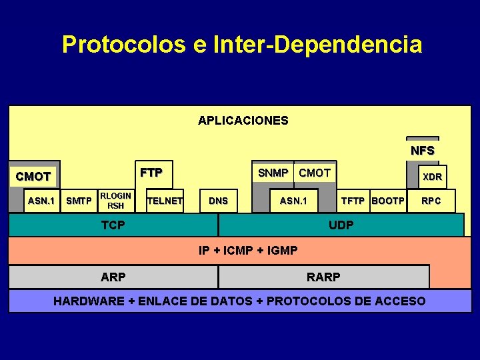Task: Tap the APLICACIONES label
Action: click(x=243, y=121)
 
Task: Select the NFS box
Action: click(x=423, y=150)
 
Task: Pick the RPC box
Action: click(x=431, y=201)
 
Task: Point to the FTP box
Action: click(x=151, y=173)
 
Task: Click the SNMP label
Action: click(x=273, y=173)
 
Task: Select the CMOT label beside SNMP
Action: click(x=315, y=173)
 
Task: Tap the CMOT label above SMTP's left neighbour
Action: click(x=33, y=177)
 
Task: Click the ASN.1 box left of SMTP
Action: click(x=41, y=201)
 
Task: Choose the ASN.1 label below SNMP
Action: click(x=293, y=201)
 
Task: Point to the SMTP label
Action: click(x=79, y=201)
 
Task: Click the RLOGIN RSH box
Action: click(x=115, y=201)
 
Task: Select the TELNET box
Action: click(x=165, y=201)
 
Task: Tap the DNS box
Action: click(x=218, y=201)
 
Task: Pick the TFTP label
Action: click(x=353, y=201)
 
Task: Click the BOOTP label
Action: click(x=388, y=201)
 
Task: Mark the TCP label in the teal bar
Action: click(x=113, y=225)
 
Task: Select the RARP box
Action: click(x=323, y=277)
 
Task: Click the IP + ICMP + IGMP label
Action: click(x=248, y=251)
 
